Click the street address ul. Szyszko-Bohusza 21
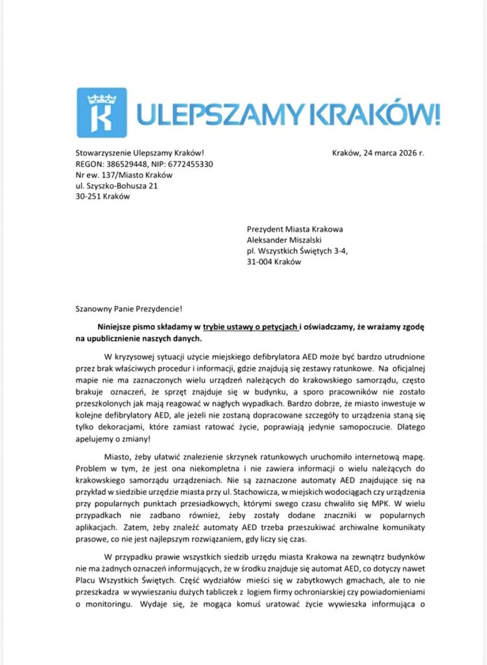[117, 186]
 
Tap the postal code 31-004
[261, 262]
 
